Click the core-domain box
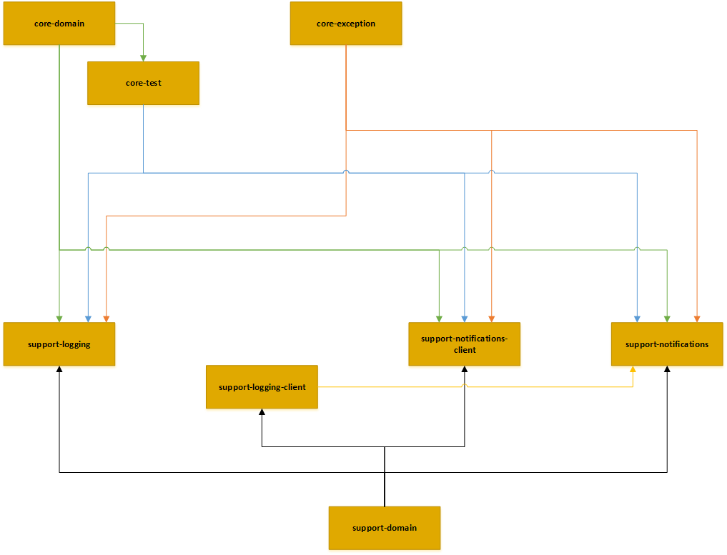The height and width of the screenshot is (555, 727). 59,24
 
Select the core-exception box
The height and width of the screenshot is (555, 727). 346,24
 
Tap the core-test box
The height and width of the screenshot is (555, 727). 143,83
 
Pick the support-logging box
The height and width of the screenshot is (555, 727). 59,344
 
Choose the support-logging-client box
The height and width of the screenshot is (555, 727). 262,387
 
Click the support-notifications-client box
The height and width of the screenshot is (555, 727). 465,344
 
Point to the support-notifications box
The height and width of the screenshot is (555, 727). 667,344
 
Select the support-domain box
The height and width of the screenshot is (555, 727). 385,528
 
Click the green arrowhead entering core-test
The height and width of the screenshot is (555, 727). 144,58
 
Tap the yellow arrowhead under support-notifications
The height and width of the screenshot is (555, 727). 633,369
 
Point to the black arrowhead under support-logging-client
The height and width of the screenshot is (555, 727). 262,412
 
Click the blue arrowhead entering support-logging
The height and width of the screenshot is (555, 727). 88,319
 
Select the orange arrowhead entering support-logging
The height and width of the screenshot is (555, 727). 106,319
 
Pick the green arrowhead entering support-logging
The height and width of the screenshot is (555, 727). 59,319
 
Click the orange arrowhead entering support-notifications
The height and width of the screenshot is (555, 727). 696,319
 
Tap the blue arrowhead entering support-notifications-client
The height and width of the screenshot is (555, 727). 465,319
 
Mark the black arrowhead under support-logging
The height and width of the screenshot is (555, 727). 59,369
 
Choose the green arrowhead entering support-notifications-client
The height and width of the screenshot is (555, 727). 439,319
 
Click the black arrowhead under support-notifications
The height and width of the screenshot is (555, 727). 667,369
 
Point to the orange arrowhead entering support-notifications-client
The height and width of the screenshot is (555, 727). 492,319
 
